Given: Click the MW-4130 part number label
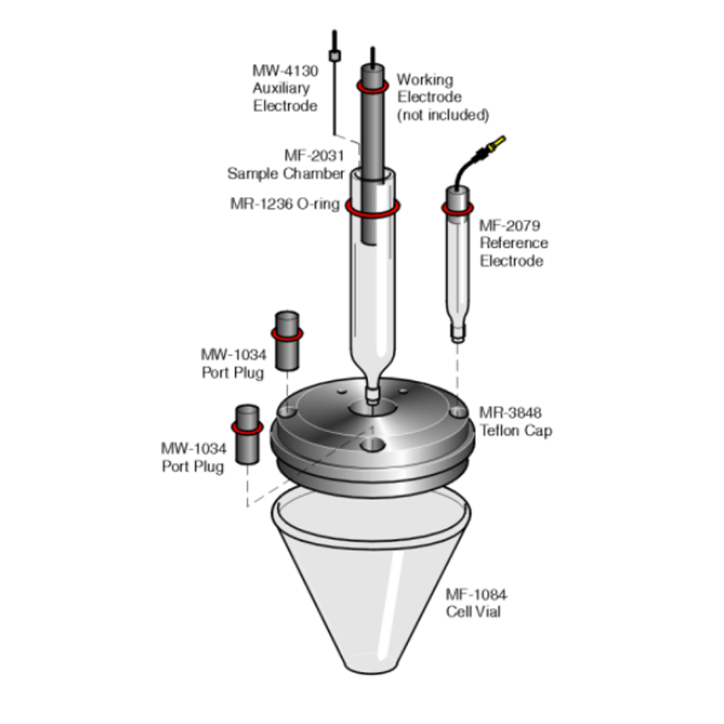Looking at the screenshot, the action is pyautogui.click(x=285, y=71).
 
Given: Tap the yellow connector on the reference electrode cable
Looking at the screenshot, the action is pyautogui.click(x=494, y=145).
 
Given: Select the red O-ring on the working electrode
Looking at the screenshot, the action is pyautogui.click(x=372, y=86).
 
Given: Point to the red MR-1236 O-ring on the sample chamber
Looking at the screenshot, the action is pyautogui.click(x=372, y=208).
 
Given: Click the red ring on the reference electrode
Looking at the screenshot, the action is pyautogui.click(x=457, y=208).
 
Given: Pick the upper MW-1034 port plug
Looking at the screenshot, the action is pyautogui.click(x=286, y=341).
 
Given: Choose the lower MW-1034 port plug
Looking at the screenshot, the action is pyautogui.click(x=247, y=434).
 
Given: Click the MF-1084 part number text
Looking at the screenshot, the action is pyautogui.click(x=476, y=594).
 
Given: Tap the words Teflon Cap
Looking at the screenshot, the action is pyautogui.click(x=516, y=430).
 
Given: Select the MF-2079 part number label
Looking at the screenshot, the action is pyautogui.click(x=509, y=225).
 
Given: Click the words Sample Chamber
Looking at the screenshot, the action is pyautogui.click(x=286, y=174).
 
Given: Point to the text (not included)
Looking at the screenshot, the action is pyautogui.click(x=442, y=115).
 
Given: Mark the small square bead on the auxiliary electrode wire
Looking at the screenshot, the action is pyautogui.click(x=335, y=56).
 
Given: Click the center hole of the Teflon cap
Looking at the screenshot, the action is pyautogui.click(x=372, y=408).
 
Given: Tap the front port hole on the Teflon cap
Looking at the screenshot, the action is pyautogui.click(x=372, y=446).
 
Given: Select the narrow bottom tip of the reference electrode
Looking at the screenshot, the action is pyautogui.click(x=458, y=333).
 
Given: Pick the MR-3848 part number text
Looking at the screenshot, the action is pyautogui.click(x=510, y=413).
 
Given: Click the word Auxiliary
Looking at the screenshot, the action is pyautogui.click(x=282, y=88).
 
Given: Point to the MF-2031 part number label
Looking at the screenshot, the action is pyautogui.click(x=314, y=155).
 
